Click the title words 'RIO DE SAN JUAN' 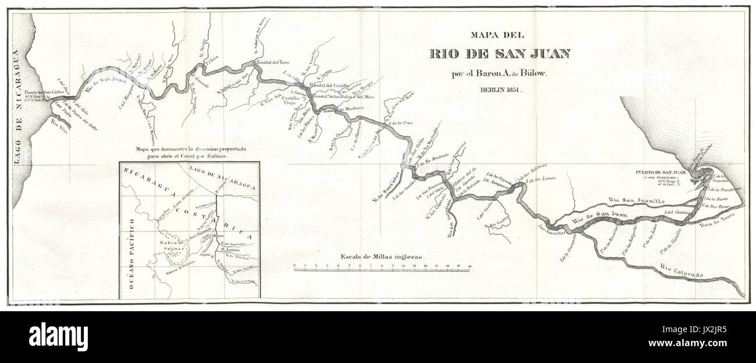[500, 54]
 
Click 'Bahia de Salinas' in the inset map [172, 245]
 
